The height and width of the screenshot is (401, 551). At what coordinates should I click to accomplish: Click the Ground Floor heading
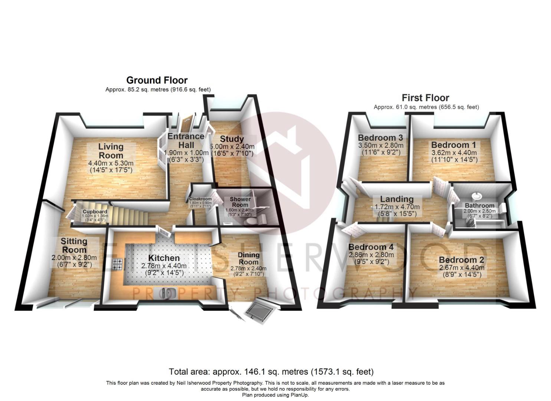click(x=157, y=80)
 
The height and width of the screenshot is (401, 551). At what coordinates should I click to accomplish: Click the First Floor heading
click(x=426, y=98)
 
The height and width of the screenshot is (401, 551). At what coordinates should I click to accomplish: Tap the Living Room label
click(x=111, y=151)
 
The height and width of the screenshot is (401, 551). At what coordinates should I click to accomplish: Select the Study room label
click(x=232, y=139)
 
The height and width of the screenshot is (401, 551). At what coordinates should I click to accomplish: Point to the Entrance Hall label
click(x=186, y=140)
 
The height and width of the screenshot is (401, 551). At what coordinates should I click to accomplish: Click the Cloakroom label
click(x=200, y=199)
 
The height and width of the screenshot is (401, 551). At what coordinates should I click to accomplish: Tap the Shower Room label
click(x=240, y=202)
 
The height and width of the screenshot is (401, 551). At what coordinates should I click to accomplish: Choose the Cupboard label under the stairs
click(x=93, y=212)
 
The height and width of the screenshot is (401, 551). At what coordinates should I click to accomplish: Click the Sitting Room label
click(x=74, y=245)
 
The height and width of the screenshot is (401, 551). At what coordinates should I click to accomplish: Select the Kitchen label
click(x=164, y=258)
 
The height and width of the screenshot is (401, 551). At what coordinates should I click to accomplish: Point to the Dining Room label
click(x=249, y=258)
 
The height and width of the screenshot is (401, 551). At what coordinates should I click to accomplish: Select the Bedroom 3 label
click(x=380, y=138)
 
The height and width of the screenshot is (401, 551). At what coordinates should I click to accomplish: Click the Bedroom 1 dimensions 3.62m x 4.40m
click(x=454, y=153)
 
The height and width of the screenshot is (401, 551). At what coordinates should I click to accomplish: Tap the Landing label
click(x=397, y=199)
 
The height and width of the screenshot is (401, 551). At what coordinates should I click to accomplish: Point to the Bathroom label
click(x=480, y=205)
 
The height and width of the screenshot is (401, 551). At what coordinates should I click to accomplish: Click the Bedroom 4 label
click(x=371, y=247)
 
